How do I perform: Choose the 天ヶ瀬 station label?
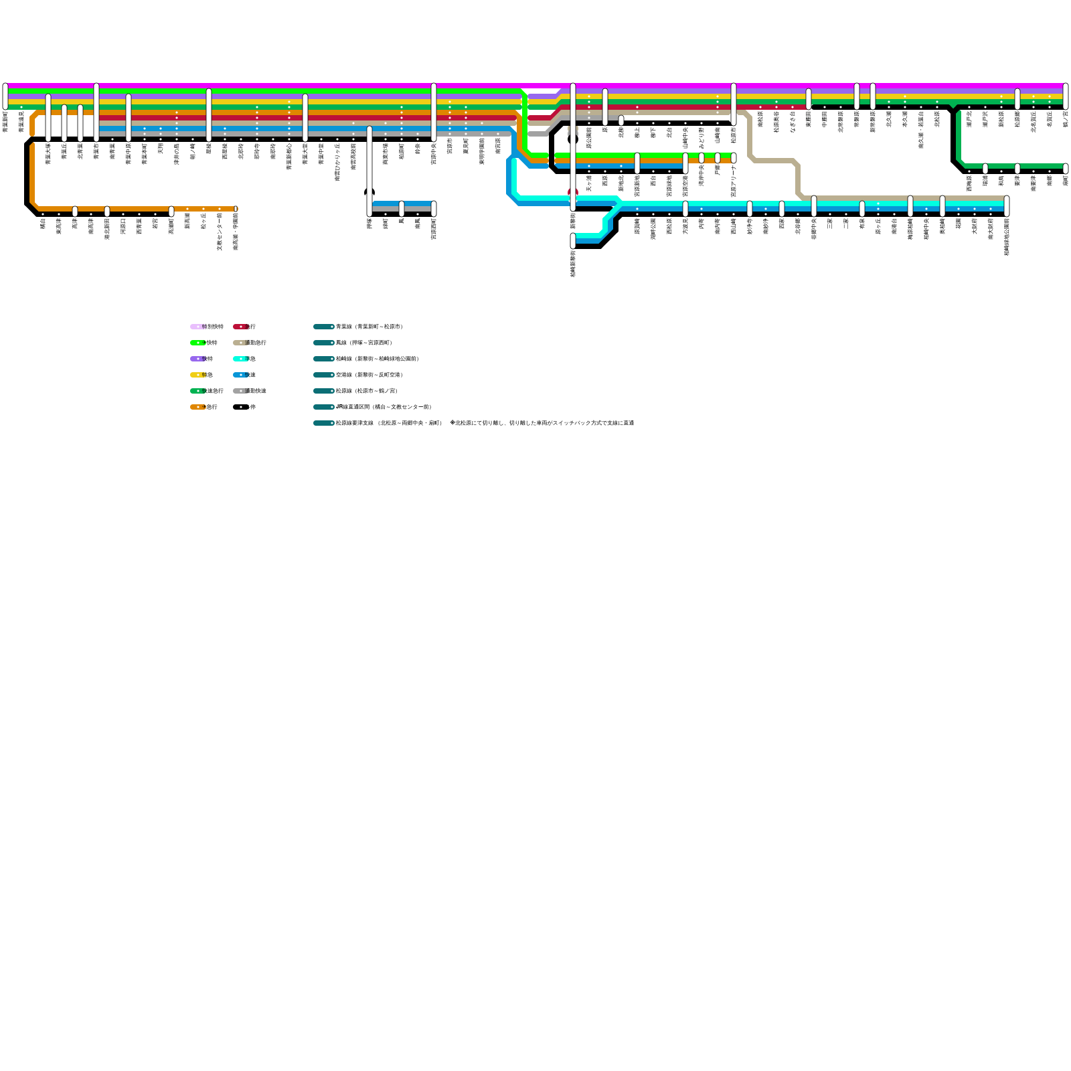pos(589,182)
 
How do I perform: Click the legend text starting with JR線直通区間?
pos(384,407)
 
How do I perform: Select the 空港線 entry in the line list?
pos(369,375)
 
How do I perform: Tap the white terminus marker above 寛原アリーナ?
pos(734,158)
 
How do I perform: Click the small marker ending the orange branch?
pos(236,209)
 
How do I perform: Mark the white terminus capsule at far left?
pos(5,96)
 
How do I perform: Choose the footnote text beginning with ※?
pos(542,423)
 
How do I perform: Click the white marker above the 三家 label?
pos(830,214)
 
